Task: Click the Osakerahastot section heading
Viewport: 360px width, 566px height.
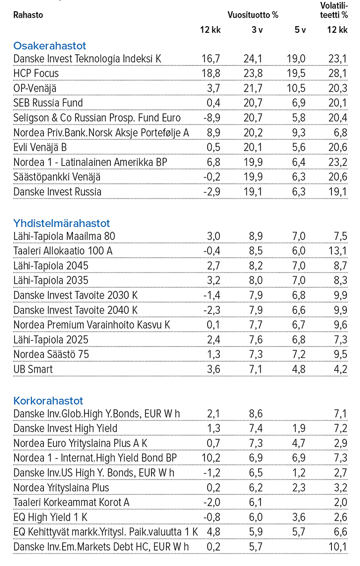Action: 50,46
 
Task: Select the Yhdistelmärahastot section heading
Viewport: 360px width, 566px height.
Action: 62,223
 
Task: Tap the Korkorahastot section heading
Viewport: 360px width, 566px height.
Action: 48,401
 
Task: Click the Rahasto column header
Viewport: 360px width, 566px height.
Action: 28,15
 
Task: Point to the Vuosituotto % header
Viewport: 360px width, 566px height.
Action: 253,15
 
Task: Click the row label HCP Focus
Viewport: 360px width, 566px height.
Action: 36,73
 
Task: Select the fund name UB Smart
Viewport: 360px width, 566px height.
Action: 33,370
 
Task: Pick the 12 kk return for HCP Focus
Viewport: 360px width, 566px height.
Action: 210,73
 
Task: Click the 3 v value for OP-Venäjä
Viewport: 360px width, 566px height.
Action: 253,88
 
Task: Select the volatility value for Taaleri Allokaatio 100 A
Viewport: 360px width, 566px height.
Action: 338,251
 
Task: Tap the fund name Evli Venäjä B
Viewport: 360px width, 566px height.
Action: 40,148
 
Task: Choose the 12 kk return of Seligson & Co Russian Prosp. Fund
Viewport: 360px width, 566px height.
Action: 210,118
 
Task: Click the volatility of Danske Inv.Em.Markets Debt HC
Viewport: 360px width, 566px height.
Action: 338,547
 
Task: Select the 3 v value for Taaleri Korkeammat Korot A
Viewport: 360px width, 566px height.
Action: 255,502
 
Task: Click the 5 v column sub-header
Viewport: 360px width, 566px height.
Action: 300,30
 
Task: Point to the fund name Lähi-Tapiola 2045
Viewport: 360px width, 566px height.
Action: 51,266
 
